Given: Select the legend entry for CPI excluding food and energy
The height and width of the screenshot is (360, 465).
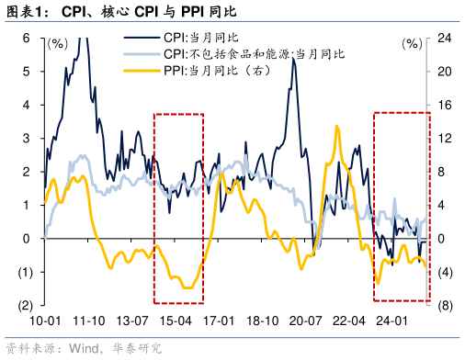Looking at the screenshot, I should tap(254, 55).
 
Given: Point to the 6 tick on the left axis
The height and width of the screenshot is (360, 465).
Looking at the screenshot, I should tap(27, 39).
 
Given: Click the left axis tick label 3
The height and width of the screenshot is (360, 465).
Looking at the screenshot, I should tap(27, 139).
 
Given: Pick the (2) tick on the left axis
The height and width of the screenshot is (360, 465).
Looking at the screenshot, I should tap(24, 305).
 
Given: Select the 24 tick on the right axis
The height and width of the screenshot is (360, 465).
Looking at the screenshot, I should tap(444, 39).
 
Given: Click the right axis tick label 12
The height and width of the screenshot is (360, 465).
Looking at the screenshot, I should tap(444, 139).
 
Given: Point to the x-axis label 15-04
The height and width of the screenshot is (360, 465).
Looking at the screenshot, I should tap(176, 321).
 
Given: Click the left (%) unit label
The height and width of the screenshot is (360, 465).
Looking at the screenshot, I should tap(57, 43).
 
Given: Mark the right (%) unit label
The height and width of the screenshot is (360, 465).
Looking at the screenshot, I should tap(413, 43).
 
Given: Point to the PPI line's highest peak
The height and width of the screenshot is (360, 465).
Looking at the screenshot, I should tap(337, 127).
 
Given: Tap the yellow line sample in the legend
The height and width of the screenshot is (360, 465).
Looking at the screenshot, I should tap(142, 71).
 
